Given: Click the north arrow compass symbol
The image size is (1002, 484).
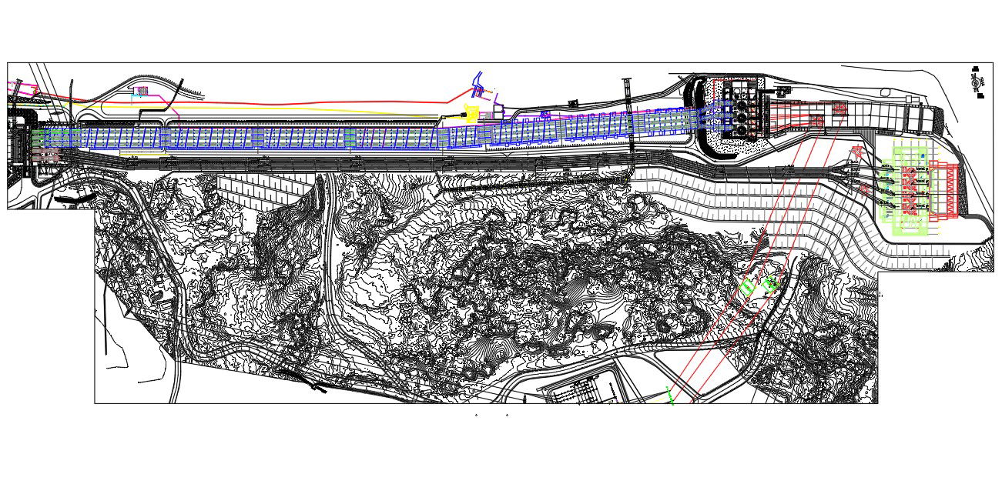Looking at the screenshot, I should click(977, 82).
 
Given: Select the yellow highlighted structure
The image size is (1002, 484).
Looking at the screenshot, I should click(471, 113).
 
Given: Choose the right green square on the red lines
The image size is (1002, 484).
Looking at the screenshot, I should click(772, 282).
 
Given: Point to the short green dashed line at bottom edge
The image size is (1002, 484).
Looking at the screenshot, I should click(670, 399).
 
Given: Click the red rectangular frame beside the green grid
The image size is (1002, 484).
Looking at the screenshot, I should click(944, 190).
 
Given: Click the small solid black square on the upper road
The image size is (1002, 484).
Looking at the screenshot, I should click(572, 103).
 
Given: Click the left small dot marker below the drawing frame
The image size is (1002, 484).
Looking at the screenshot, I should click(476, 415).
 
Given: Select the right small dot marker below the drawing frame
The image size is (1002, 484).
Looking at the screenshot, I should click(507, 415).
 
